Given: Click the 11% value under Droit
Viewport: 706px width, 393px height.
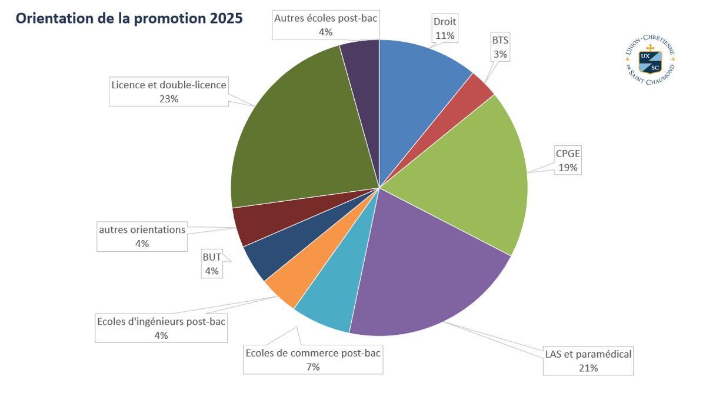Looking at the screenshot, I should tap(445, 35).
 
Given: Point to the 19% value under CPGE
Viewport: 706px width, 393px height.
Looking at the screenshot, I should tap(568, 168).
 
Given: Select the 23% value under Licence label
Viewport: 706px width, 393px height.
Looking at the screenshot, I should tap(169, 99).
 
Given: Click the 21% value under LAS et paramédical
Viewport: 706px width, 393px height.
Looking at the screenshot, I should tap(588, 368).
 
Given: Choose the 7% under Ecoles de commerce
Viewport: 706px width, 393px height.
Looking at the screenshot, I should tap(312, 367).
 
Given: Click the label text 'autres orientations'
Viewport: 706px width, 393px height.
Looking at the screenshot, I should tap(142, 229).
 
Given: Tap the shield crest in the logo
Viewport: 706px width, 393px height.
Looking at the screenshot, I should tap(650, 61).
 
